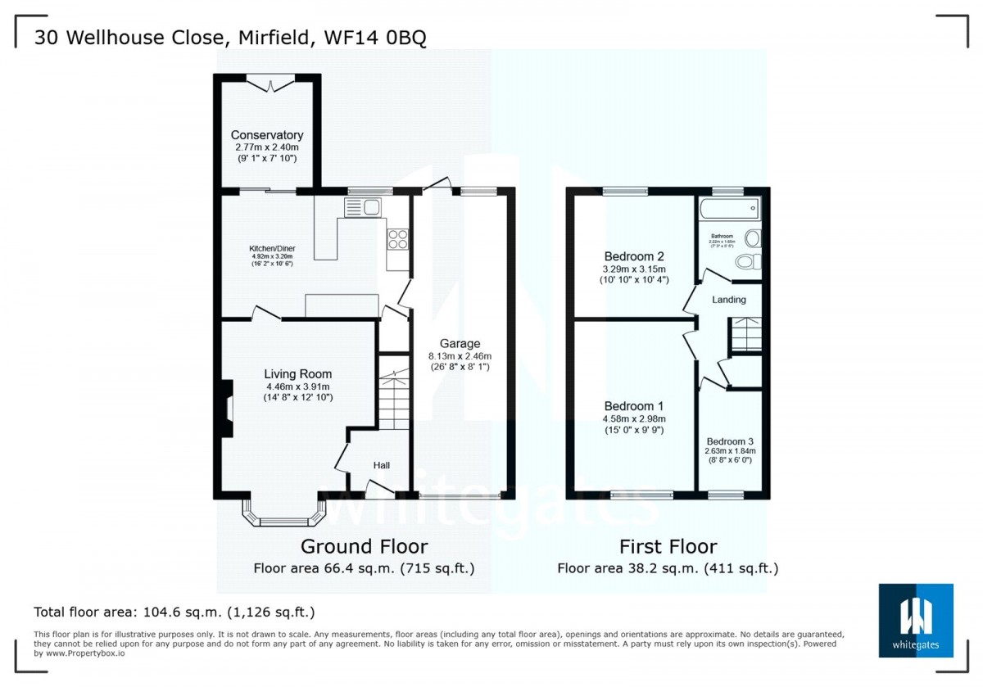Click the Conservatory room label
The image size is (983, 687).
[x=267, y=135]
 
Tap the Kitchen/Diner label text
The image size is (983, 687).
[x=273, y=249]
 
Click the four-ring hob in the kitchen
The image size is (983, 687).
[x=397, y=239]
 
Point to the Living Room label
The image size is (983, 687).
[x=298, y=374]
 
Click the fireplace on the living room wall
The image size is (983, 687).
[x=224, y=407]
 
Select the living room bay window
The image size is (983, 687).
[x=283, y=513]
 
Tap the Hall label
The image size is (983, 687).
[x=382, y=465]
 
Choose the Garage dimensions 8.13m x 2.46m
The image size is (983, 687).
[x=460, y=356]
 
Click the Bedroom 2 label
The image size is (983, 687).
[x=634, y=255]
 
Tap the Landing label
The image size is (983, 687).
[x=728, y=300]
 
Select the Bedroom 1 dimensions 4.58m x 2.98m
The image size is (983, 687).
[x=634, y=418]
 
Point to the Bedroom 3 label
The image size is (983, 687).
[x=730, y=441]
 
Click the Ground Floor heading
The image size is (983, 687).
[x=364, y=546]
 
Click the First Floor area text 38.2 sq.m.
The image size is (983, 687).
[x=668, y=568]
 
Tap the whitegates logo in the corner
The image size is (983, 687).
[x=916, y=620]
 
